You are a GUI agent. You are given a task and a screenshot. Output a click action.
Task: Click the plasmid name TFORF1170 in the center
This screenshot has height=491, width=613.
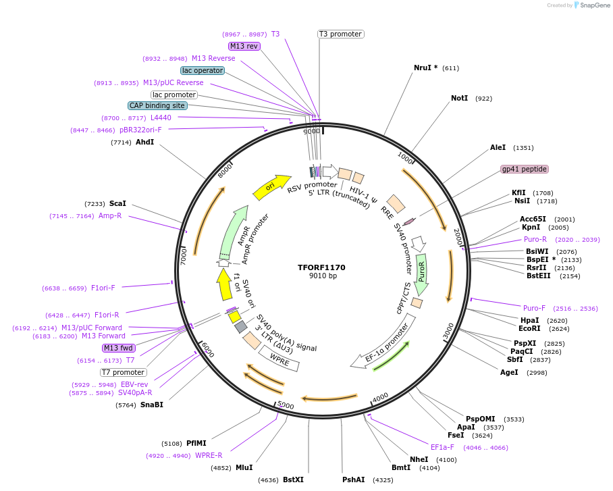[322, 267]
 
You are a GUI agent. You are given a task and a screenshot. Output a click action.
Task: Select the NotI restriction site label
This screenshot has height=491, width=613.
[459, 99]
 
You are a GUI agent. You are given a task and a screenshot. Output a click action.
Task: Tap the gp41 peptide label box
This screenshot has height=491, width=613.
[525, 169]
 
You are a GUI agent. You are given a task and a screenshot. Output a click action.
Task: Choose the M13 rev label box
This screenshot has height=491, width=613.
[244, 47]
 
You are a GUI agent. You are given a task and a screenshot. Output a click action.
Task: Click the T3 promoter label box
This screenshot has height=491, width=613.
[341, 34]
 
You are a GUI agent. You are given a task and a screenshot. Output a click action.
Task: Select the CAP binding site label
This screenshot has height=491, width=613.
[157, 106]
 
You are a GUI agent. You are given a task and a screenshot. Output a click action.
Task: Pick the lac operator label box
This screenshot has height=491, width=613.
[203, 70]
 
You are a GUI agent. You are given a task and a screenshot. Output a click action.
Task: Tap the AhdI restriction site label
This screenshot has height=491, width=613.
[144, 143]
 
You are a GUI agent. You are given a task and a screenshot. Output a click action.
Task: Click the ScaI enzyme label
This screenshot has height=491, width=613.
[117, 203]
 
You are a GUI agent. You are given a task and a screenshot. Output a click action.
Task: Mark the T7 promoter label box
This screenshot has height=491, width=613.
[123, 372]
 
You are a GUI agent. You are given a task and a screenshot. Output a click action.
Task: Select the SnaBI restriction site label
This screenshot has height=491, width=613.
[151, 405]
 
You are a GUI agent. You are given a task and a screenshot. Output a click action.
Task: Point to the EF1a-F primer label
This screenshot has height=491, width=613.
[442, 447]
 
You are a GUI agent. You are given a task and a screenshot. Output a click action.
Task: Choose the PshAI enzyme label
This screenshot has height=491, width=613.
[353, 480]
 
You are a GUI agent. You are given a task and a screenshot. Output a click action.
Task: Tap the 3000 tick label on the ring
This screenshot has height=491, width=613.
[448, 328]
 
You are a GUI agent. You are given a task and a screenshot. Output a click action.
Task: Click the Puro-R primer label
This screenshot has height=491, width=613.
[535, 240]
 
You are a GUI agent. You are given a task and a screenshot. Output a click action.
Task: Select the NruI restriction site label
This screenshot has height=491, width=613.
[425, 68]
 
